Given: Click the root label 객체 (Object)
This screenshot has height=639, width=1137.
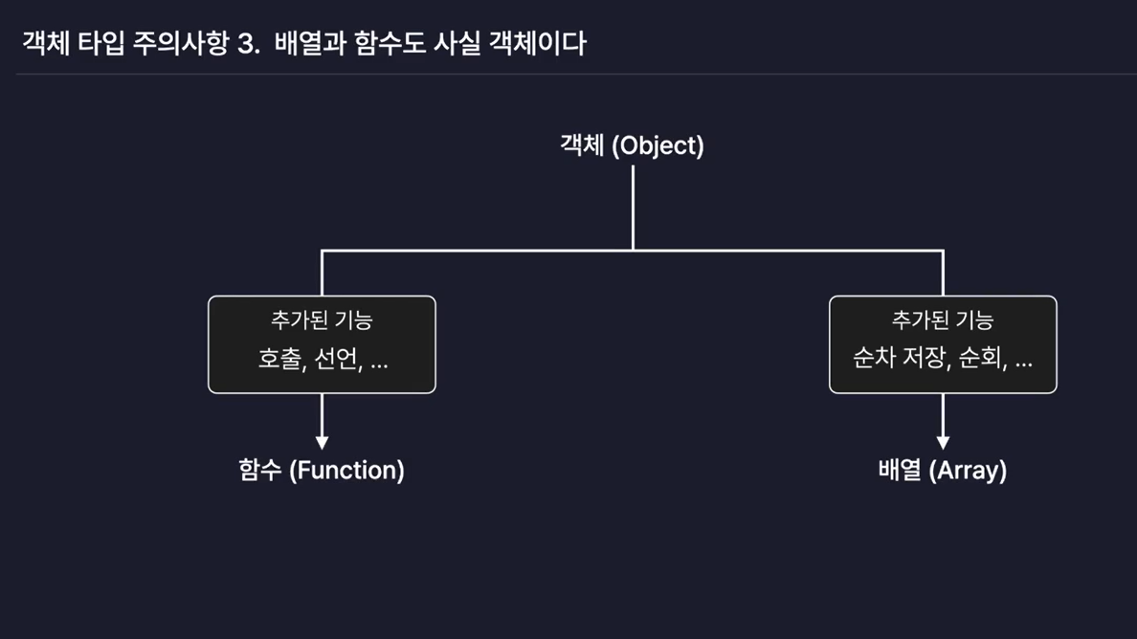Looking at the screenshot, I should point(632,145).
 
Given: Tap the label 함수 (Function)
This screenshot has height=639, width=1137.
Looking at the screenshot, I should point(322,471).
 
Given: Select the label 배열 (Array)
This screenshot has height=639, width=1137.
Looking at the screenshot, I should point(942,471).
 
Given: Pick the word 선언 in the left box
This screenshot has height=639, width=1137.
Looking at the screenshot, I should point(335,361).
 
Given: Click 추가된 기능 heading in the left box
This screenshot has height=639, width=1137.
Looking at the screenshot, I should point(322,320).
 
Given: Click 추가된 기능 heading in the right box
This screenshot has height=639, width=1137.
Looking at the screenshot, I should point(943,320).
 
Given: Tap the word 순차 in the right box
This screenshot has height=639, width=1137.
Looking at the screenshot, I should point(874,361).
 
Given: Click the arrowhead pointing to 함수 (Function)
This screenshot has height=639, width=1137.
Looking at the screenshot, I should point(322,442).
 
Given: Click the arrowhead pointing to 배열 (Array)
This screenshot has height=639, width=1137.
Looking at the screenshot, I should point(943,442).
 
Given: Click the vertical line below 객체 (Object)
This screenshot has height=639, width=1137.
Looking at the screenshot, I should point(633,206).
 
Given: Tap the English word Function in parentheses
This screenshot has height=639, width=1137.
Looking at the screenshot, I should point(346,471).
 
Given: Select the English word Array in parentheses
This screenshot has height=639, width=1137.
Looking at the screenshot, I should point(968,471).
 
